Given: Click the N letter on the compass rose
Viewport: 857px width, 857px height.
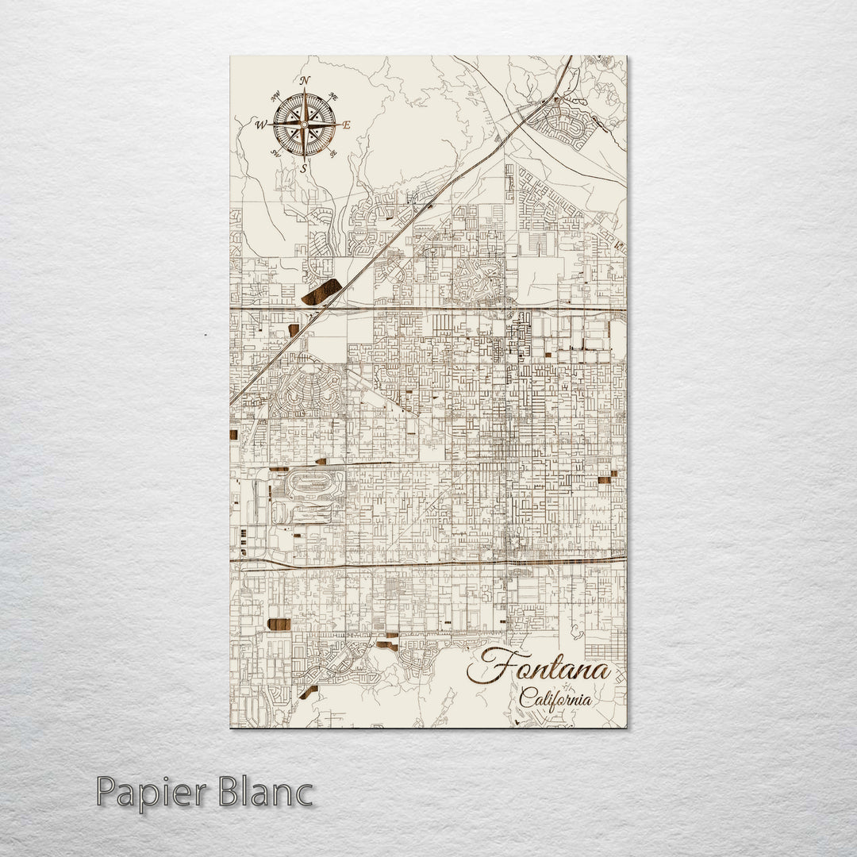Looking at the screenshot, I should [306, 79].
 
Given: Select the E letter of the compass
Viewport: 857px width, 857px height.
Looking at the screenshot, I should [347, 125].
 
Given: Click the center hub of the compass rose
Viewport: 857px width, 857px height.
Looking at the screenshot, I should [304, 124].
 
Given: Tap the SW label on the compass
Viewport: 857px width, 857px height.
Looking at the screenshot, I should [275, 152].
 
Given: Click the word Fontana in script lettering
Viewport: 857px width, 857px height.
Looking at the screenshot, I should [540, 668].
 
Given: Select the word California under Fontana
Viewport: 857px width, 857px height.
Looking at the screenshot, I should [555, 699].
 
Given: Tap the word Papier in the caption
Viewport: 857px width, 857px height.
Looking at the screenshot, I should [150, 793].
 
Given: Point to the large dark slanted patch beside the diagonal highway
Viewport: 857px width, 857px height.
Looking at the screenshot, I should [321, 292].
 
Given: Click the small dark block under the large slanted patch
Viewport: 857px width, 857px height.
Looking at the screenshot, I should [294, 329].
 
